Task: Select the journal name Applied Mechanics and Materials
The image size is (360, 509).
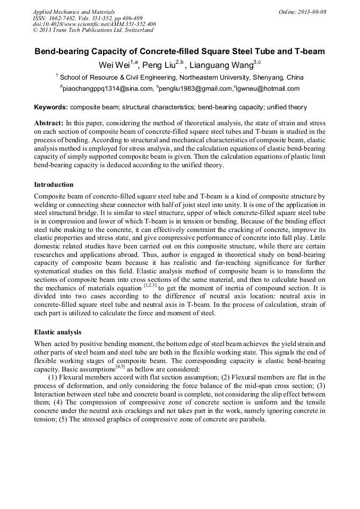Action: pyautogui.click(x=71, y=12)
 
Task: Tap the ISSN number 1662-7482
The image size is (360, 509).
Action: pyautogui.click(x=63, y=18)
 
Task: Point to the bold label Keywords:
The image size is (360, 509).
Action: pyautogui.click(x=51, y=107)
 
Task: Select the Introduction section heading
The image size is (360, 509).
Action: pyautogui.click(x=54, y=185)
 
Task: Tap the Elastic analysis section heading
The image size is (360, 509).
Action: pyautogui.click(x=57, y=332)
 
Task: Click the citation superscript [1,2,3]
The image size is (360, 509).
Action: pyautogui.click(x=150, y=285)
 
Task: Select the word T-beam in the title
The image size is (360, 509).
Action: pyautogui.click(x=307, y=52)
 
